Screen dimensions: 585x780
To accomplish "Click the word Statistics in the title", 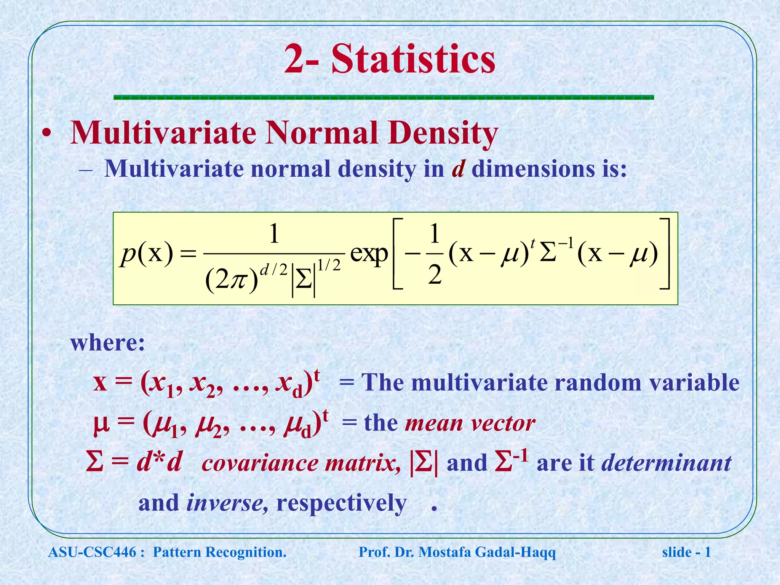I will (413, 59).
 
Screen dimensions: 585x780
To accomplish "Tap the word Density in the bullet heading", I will (443, 133).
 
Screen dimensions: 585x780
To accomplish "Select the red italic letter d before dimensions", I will (458, 168).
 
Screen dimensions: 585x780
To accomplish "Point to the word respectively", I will (341, 503).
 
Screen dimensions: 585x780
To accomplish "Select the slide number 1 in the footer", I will (708, 552).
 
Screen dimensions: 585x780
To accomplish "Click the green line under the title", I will (384, 97).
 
